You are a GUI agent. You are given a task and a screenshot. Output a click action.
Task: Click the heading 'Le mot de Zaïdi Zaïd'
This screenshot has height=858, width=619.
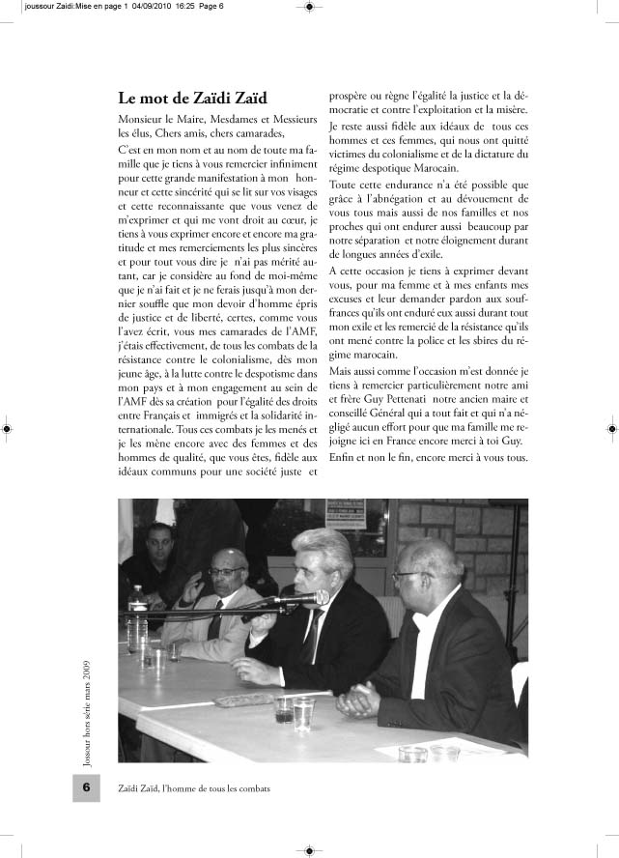pyautogui.click(x=193, y=98)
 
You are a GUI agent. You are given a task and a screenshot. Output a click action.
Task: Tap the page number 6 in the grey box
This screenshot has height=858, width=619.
pyautogui.click(x=86, y=787)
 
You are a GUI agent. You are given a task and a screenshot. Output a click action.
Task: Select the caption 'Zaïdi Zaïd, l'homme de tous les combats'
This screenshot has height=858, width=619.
pyautogui.click(x=193, y=788)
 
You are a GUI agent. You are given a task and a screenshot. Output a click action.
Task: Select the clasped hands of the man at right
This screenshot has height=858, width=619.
pyautogui.click(x=362, y=698)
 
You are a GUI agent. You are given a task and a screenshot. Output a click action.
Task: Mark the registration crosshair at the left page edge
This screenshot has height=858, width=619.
pyautogui.click(x=7, y=428)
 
